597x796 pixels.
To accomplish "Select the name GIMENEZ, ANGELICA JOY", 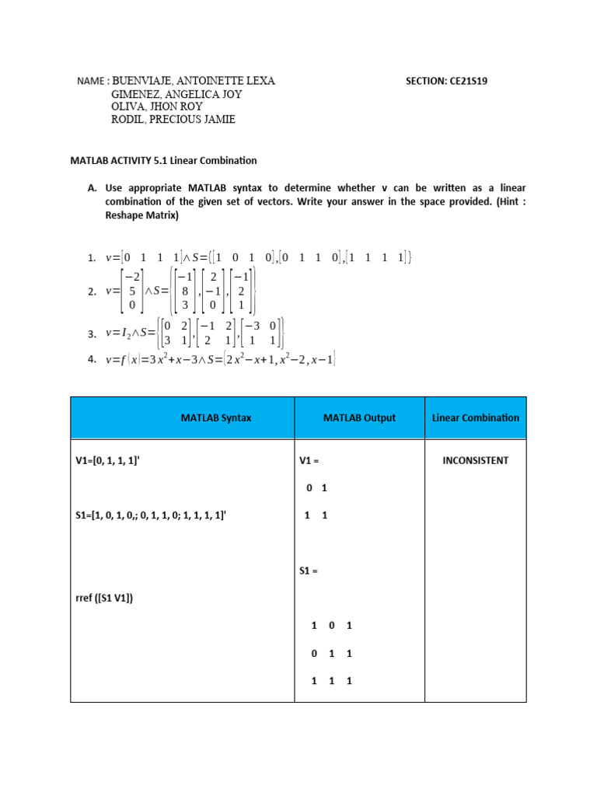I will pos(177,94).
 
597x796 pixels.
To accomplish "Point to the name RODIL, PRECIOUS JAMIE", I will pos(173,120).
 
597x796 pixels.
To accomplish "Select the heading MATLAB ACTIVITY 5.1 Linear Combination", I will pos(163,161).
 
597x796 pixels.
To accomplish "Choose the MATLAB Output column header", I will pos(359,417).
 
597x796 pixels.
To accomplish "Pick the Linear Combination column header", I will pos(476,417).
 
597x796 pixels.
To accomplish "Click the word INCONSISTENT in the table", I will pos(476,460).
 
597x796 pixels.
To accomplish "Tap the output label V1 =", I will pos(309,460).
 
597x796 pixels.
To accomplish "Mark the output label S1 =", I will pos(309,570).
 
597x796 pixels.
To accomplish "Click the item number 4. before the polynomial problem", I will pos(92,359).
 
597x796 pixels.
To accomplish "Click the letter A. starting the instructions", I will pos(92,188).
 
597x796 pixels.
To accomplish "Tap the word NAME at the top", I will pos(91,81).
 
